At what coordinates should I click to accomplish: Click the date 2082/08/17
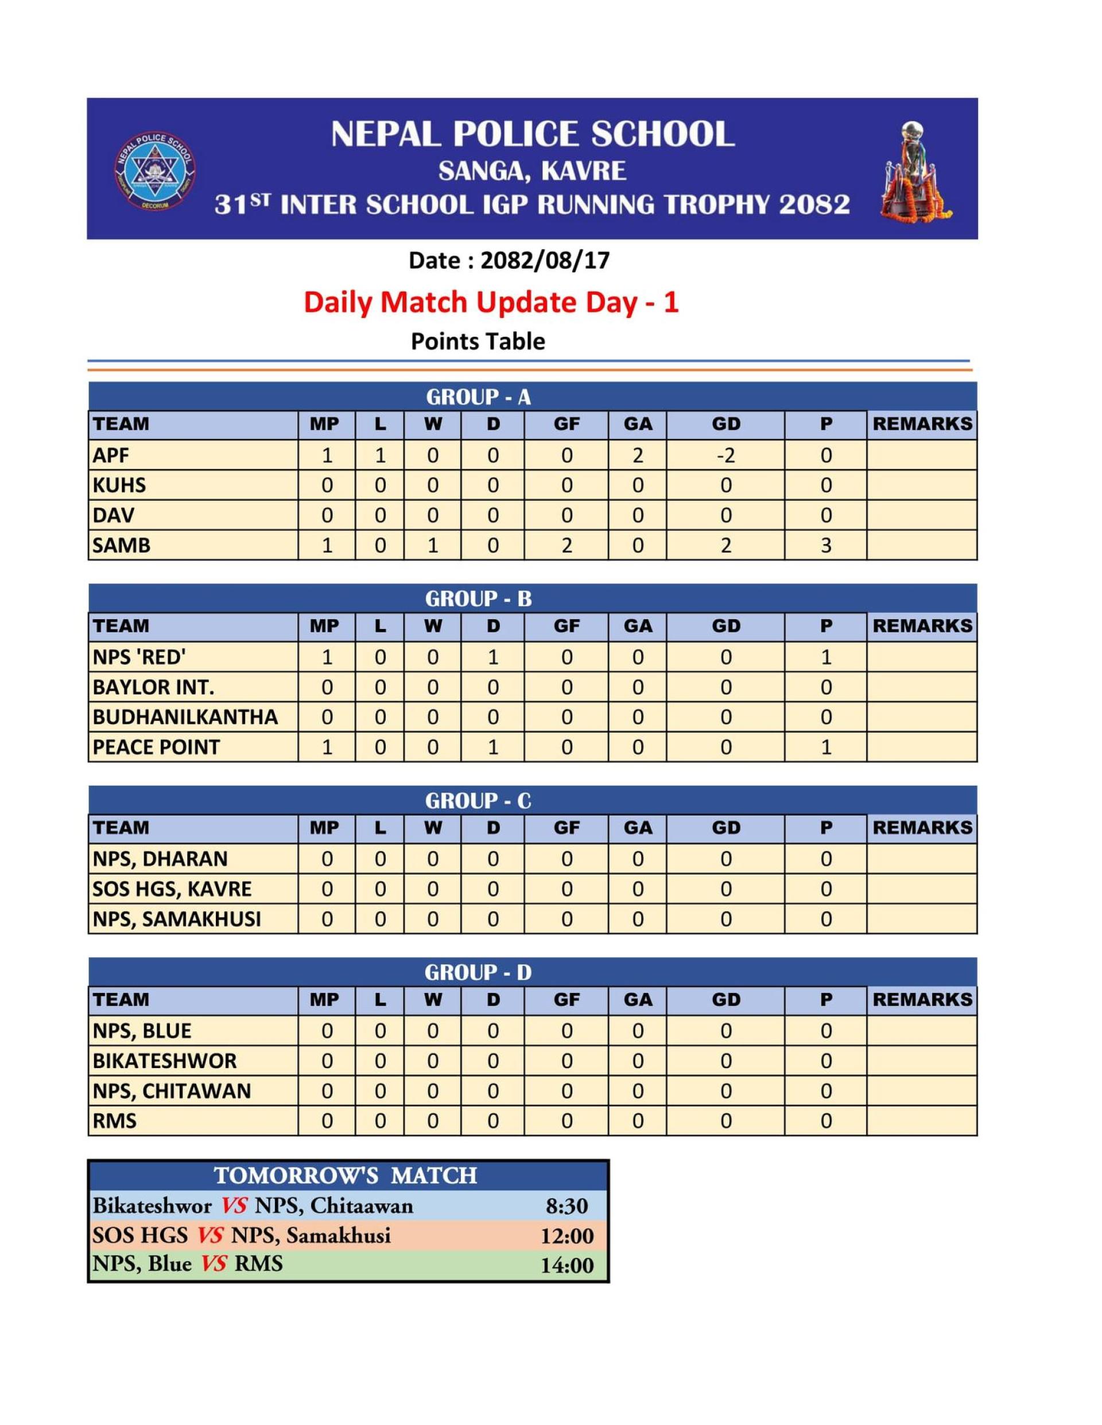[x=544, y=261]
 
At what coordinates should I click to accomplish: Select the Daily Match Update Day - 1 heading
[x=491, y=302]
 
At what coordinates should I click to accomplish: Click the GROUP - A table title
[x=478, y=397]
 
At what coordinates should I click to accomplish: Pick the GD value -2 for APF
[x=725, y=455]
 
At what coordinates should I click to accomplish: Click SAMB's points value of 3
[x=825, y=545]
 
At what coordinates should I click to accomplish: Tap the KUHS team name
[x=119, y=485]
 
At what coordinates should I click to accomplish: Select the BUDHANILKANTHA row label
[x=185, y=717]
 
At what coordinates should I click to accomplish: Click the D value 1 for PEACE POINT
[x=492, y=747]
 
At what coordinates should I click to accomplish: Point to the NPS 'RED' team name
[x=139, y=657]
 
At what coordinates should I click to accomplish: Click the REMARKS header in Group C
[x=922, y=828]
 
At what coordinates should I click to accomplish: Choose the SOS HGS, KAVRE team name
[x=172, y=888]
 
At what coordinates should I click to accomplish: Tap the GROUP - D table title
[x=478, y=973]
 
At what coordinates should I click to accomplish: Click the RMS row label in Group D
[x=115, y=1121]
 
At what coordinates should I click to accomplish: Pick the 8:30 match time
[x=566, y=1206]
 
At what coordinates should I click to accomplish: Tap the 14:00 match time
[x=566, y=1265]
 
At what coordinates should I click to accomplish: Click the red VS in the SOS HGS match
[x=209, y=1235]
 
